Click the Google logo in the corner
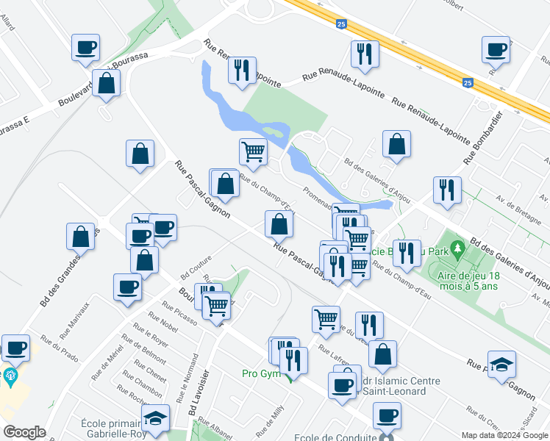click(24, 432)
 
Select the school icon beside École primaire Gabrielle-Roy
click(155, 417)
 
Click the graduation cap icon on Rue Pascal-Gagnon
click(501, 364)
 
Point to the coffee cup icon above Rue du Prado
click(16, 347)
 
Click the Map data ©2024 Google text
click(504, 435)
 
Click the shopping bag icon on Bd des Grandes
click(81, 237)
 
